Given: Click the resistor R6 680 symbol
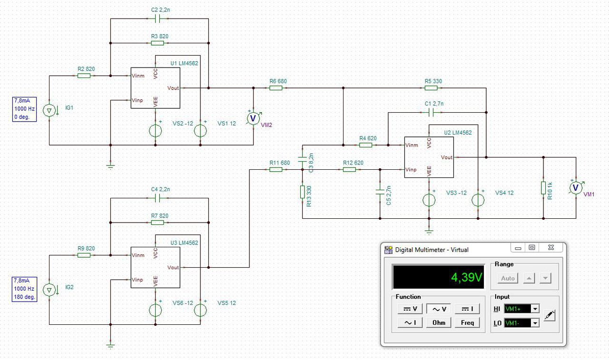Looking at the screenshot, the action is point(275,88).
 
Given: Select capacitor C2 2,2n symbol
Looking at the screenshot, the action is point(157,19).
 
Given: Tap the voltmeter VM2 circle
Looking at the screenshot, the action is point(254,118).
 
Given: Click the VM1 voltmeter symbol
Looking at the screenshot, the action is point(576,188).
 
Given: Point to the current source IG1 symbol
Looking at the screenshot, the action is point(49,110).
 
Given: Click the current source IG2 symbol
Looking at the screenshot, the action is point(49,290).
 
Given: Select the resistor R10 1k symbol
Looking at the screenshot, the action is point(543,188).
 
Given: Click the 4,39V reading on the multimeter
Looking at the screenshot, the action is point(467,277).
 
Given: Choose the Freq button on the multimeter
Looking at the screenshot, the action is point(467,323).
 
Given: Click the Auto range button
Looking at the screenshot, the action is point(508,278).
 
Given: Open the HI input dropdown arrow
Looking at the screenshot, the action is point(535,309).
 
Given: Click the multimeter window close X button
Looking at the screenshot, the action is point(551,247).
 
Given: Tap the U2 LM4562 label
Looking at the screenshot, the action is point(458,133).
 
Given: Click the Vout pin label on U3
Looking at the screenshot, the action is point(173,267).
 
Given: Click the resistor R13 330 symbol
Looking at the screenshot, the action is point(302,192).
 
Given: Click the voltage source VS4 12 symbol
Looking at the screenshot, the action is point(478,200).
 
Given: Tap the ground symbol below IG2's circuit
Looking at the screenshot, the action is point(110,346).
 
